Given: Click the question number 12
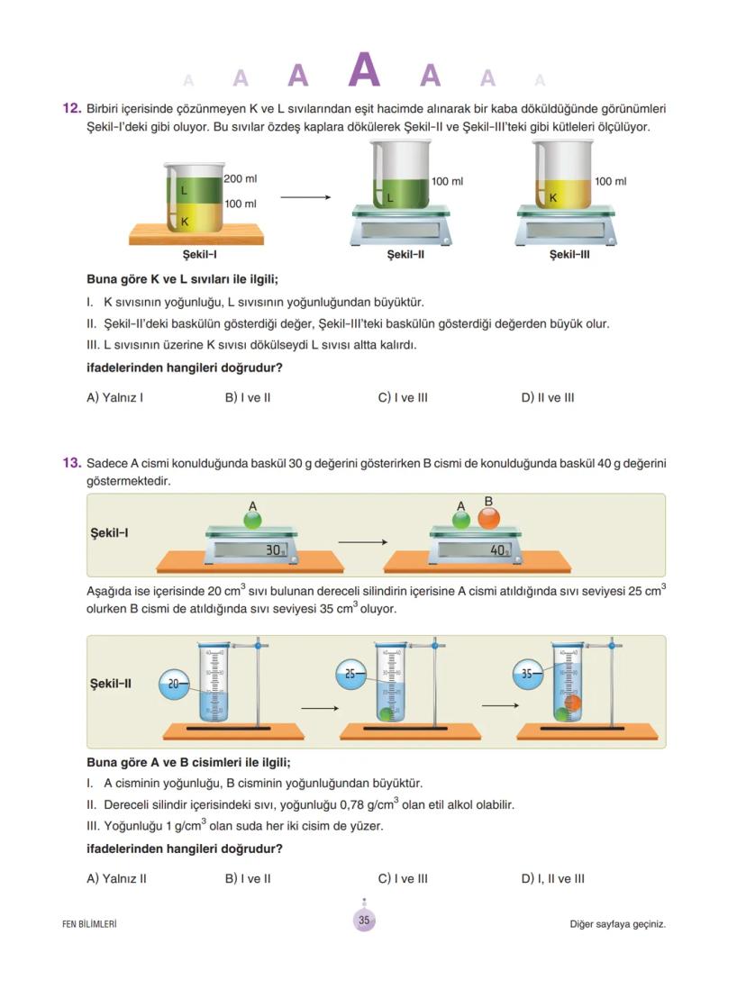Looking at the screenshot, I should (72, 109).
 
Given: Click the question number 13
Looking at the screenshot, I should (72, 463).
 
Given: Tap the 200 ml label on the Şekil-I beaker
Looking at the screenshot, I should (240, 179).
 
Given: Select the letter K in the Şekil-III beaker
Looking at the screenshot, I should (553, 196).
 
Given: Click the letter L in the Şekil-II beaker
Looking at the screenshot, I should (390, 196).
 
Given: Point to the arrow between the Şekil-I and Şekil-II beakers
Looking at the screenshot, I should (305, 197).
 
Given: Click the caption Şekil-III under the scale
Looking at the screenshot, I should (569, 255).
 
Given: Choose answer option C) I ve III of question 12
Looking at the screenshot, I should (403, 397).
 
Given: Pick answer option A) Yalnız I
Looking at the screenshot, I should (114, 397).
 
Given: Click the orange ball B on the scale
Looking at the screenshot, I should (488, 518).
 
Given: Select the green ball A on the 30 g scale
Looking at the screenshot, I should (252, 520).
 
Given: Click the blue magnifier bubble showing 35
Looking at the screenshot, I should (527, 673).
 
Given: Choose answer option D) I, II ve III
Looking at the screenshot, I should (553, 878).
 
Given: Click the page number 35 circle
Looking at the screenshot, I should (364, 921).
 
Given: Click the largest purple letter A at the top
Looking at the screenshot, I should (364, 70).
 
